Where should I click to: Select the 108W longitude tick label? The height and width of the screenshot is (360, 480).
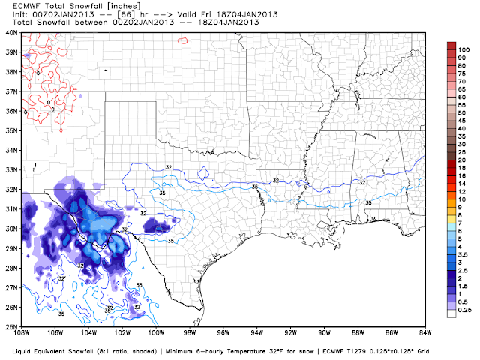(22, 334)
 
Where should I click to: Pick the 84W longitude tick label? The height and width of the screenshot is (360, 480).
(425, 334)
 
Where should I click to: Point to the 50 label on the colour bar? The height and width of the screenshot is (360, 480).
(463, 112)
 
